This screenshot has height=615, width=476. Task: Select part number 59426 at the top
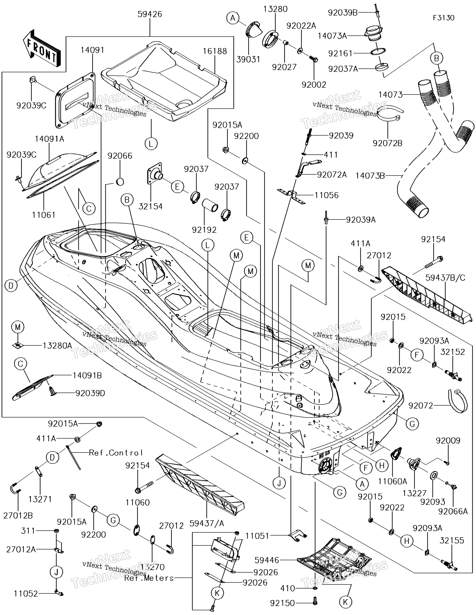(150, 14)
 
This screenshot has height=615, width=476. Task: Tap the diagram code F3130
(444, 18)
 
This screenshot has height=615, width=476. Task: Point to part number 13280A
(57, 345)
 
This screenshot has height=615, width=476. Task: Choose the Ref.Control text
(116, 453)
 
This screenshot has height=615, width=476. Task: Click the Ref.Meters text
(149, 578)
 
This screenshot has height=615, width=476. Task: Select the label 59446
(267, 560)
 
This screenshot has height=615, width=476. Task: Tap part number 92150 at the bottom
(283, 603)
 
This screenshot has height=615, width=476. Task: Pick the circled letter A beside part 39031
(233, 18)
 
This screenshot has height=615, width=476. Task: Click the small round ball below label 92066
(119, 182)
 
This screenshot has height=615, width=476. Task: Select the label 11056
(326, 195)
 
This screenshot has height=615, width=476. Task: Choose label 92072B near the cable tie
(388, 143)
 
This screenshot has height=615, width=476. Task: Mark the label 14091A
(50, 139)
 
